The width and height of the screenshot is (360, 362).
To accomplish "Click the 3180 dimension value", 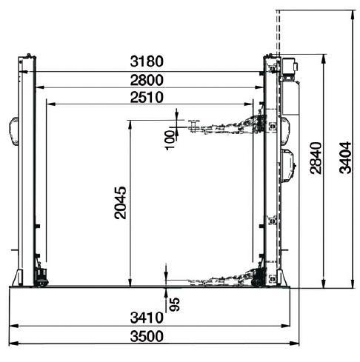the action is click(147, 61).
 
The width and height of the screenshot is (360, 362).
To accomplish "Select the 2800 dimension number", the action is click(147, 80).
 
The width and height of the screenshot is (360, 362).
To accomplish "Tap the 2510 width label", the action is click(147, 97).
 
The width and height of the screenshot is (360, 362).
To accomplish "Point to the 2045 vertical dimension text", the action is click(120, 203).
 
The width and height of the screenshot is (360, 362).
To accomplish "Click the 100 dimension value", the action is click(170, 140).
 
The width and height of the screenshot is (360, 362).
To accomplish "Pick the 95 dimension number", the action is click(175, 304).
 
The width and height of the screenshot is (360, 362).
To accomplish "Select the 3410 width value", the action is click(147, 318).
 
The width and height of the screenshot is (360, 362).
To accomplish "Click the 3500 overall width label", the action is click(147, 336).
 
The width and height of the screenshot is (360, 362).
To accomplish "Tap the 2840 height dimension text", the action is click(316, 158).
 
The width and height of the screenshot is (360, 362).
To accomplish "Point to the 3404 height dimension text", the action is click(345, 158).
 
